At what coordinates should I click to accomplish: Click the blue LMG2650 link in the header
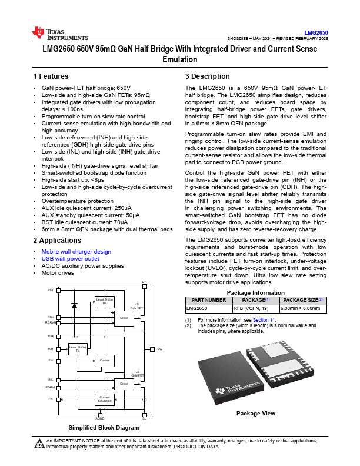coord(316,33)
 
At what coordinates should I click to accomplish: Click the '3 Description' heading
coord(207,76)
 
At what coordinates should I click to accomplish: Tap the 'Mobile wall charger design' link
coord(76,252)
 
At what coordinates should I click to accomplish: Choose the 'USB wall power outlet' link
coord(71,259)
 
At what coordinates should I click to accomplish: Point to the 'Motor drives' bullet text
coord(58,273)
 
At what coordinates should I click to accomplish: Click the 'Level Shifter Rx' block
coord(104,301)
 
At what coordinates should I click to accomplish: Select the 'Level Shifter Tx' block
coord(78,349)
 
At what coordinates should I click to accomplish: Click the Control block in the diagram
coord(104,360)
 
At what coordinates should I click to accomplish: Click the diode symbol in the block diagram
coord(74,305)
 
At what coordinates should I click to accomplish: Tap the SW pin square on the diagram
coord(152,349)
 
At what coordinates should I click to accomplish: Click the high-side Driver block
coord(123,318)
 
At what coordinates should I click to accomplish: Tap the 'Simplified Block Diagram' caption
coord(104,427)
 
